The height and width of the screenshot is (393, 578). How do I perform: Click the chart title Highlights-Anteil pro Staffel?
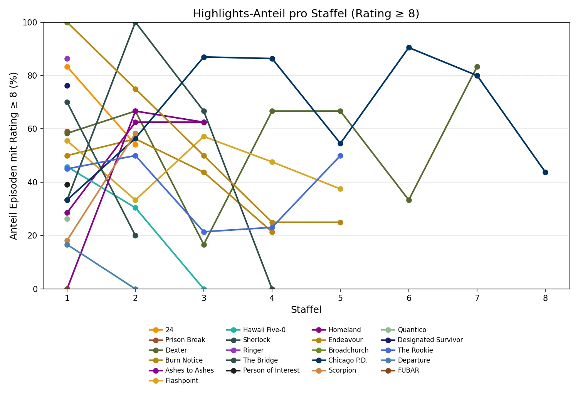306,13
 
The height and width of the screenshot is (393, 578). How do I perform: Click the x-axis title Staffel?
306,309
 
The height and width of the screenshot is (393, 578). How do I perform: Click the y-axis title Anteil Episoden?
13,156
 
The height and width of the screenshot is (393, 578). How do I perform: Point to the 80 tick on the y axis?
32,76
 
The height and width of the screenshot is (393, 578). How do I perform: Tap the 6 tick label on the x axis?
409,298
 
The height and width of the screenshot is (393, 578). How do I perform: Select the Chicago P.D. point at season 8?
545,172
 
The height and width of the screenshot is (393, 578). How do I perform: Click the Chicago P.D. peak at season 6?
409,48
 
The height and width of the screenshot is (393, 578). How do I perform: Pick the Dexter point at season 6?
409,200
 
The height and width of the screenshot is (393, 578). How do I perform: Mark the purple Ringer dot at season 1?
67,59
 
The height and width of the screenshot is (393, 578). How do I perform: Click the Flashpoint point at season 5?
340,189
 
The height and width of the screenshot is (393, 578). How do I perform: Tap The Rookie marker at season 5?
340,156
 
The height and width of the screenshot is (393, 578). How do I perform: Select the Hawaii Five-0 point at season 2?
135,208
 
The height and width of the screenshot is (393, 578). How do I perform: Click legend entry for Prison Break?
185,340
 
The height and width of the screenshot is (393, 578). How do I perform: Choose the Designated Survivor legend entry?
430,340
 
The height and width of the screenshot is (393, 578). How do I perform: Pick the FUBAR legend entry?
408,370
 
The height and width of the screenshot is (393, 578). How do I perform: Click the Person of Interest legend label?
271,370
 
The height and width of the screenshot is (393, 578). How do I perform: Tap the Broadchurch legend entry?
348,350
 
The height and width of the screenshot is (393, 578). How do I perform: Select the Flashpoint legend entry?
181,381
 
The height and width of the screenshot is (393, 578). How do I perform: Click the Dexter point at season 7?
477,67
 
